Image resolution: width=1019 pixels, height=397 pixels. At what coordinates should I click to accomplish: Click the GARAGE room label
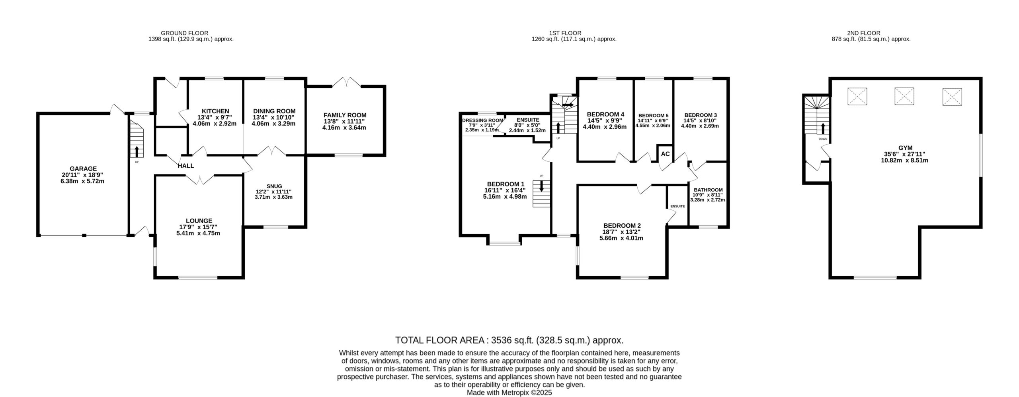coord(83,169)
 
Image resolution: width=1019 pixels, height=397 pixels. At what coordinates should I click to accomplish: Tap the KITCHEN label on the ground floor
coord(215,111)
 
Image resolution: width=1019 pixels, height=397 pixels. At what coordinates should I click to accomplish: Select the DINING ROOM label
coord(274,111)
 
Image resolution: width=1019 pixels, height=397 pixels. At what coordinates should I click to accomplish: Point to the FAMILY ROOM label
coord(345,115)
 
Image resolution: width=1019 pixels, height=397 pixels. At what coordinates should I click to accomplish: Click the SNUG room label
coord(274,186)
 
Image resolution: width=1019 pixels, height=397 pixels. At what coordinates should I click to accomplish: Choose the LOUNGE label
coord(199,221)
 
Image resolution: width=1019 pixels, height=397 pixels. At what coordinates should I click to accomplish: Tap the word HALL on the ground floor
coord(186,166)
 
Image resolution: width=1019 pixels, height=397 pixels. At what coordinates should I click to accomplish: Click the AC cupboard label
coord(665,154)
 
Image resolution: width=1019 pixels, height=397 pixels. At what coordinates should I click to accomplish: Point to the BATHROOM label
coord(708,190)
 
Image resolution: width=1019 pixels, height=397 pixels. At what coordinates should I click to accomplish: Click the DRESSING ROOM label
coord(482,120)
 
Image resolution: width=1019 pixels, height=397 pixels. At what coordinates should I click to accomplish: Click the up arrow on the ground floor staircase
coord(137,152)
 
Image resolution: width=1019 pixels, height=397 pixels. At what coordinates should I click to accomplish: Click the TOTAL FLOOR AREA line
coord(509,340)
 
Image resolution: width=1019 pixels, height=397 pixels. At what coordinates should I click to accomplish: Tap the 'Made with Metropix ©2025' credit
coord(509,393)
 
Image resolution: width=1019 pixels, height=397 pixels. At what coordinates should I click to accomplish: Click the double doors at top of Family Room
coord(346,82)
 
